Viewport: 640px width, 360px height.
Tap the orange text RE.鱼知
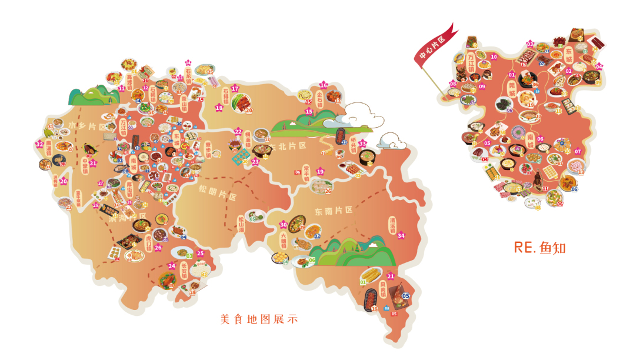pyautogui.click(x=539, y=247)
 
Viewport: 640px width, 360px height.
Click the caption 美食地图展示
pyautogui.click(x=259, y=319)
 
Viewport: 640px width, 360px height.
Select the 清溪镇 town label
pyautogui.click(x=392, y=225)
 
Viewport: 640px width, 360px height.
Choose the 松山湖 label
pyautogui.click(x=241, y=224)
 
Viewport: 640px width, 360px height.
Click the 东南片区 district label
pyautogui.click(x=333, y=210)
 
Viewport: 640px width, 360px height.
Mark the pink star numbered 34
pyautogui.click(x=401, y=236)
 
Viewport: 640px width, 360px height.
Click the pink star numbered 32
pyautogui.click(x=39, y=144)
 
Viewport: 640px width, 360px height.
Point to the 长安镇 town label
pyautogui.click(x=184, y=273)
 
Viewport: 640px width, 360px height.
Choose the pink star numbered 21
pyautogui.click(x=391, y=276)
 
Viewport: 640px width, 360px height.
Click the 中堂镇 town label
pyautogui.click(x=85, y=164)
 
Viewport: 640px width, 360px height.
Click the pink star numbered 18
pyautogui.click(x=219, y=108)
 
